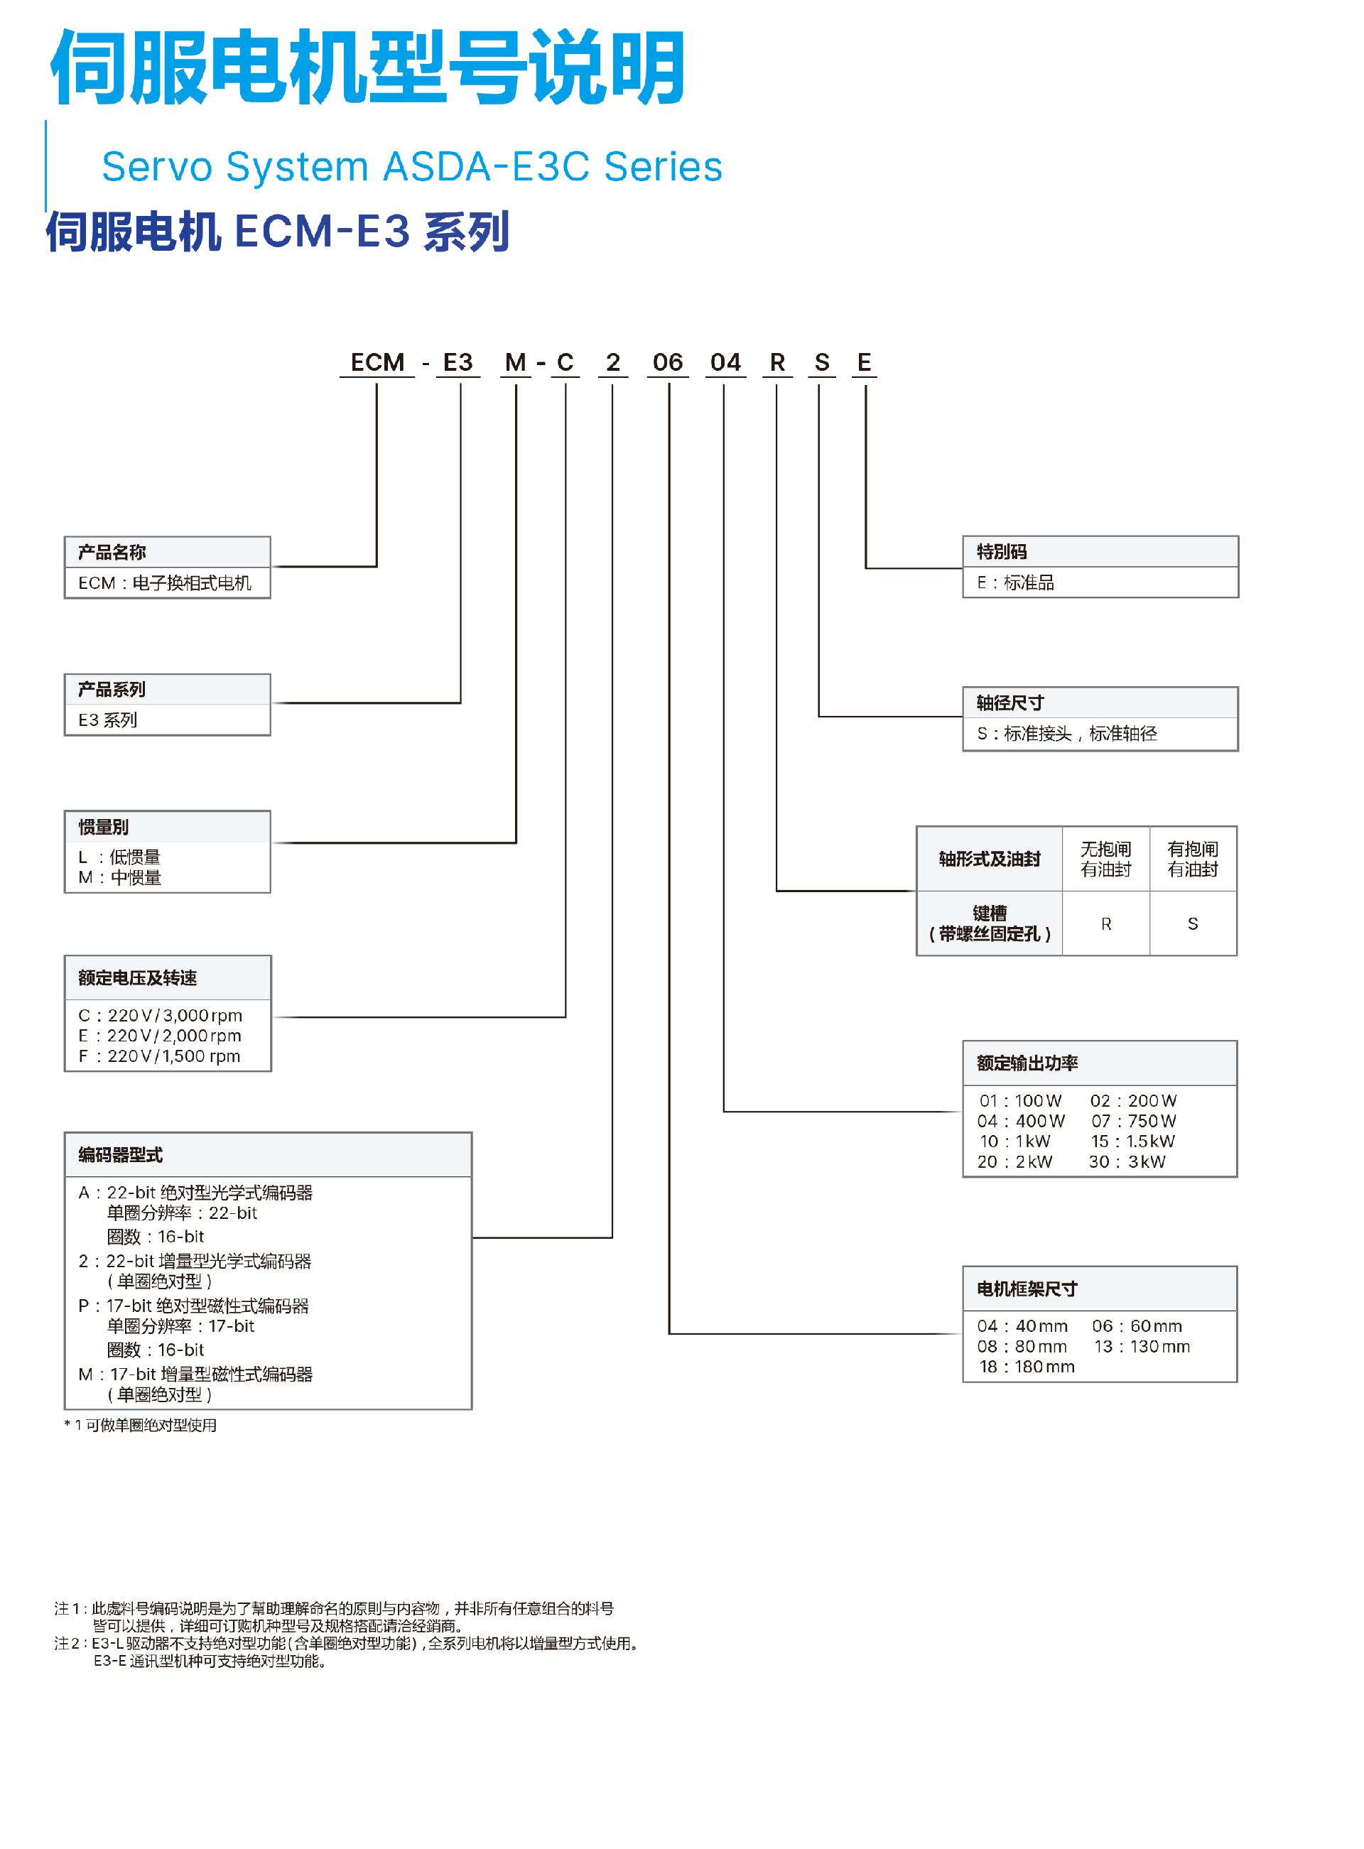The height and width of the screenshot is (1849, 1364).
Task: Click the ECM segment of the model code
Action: point(377,362)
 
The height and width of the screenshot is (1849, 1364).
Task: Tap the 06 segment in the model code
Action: point(667,362)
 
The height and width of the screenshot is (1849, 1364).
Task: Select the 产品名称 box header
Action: point(112,552)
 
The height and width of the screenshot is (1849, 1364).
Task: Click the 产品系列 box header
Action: point(112,689)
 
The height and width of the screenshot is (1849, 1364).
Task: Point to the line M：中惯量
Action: point(121,877)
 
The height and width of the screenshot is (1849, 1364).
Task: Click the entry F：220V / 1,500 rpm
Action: point(159,1056)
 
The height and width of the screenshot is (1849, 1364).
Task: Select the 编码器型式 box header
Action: point(121,1155)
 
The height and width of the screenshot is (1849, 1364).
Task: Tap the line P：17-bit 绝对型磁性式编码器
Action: point(193,1306)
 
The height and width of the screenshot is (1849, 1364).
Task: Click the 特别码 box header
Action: point(1002,551)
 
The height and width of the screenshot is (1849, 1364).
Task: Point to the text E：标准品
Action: point(1016,582)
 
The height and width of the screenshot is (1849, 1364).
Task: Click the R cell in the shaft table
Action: point(1105,923)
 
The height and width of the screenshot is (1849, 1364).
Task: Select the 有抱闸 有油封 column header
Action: point(1192,859)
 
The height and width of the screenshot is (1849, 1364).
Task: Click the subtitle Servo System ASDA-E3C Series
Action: point(412,167)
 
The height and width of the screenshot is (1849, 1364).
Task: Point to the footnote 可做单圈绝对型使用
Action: point(141,1426)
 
